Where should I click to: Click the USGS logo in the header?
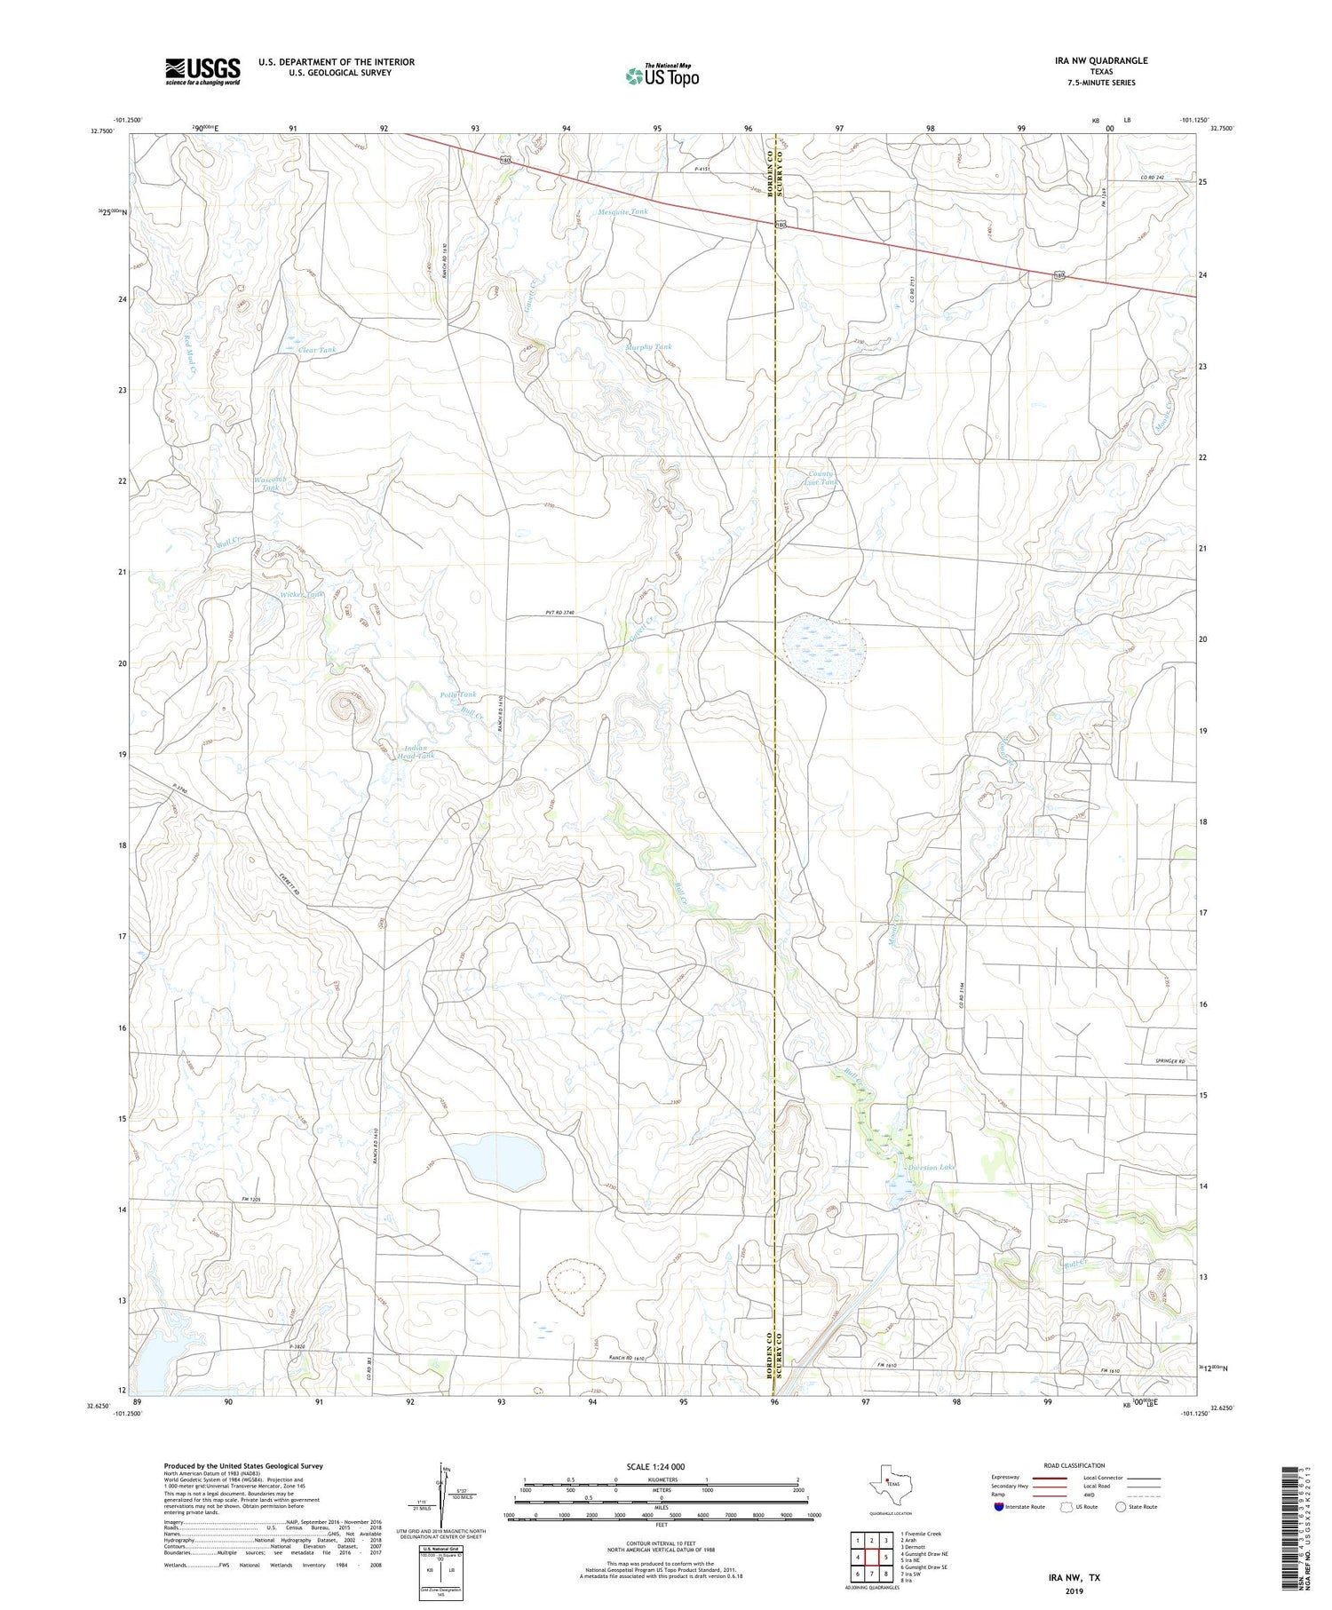202,71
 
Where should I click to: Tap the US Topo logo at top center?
662,76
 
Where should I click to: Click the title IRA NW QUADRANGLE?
1095,60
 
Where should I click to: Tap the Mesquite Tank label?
622,212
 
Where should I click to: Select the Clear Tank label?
317,350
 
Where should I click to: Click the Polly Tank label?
457,694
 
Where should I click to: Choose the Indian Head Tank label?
419,751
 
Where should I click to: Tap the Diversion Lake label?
930,1167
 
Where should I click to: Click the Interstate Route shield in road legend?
999,1507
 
